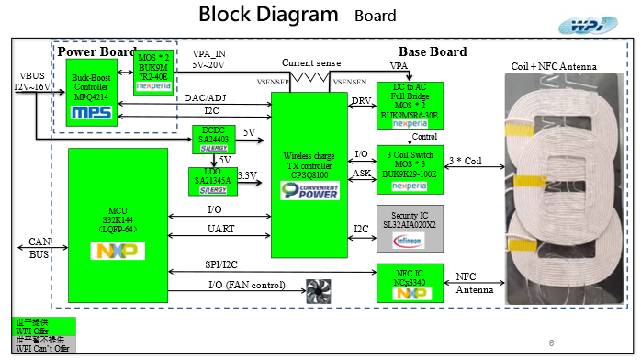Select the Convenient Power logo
[308, 190]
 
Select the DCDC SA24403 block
[212, 138]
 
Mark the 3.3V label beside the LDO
[246, 174]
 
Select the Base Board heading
[432, 51]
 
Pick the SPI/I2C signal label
[223, 264]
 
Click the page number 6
[550, 343]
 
